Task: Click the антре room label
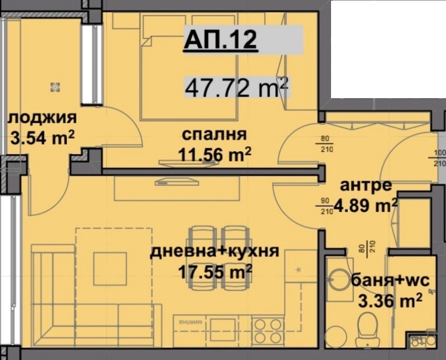tap(366, 185)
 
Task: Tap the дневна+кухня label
tap(214, 251)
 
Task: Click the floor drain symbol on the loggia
tap(55, 86)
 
